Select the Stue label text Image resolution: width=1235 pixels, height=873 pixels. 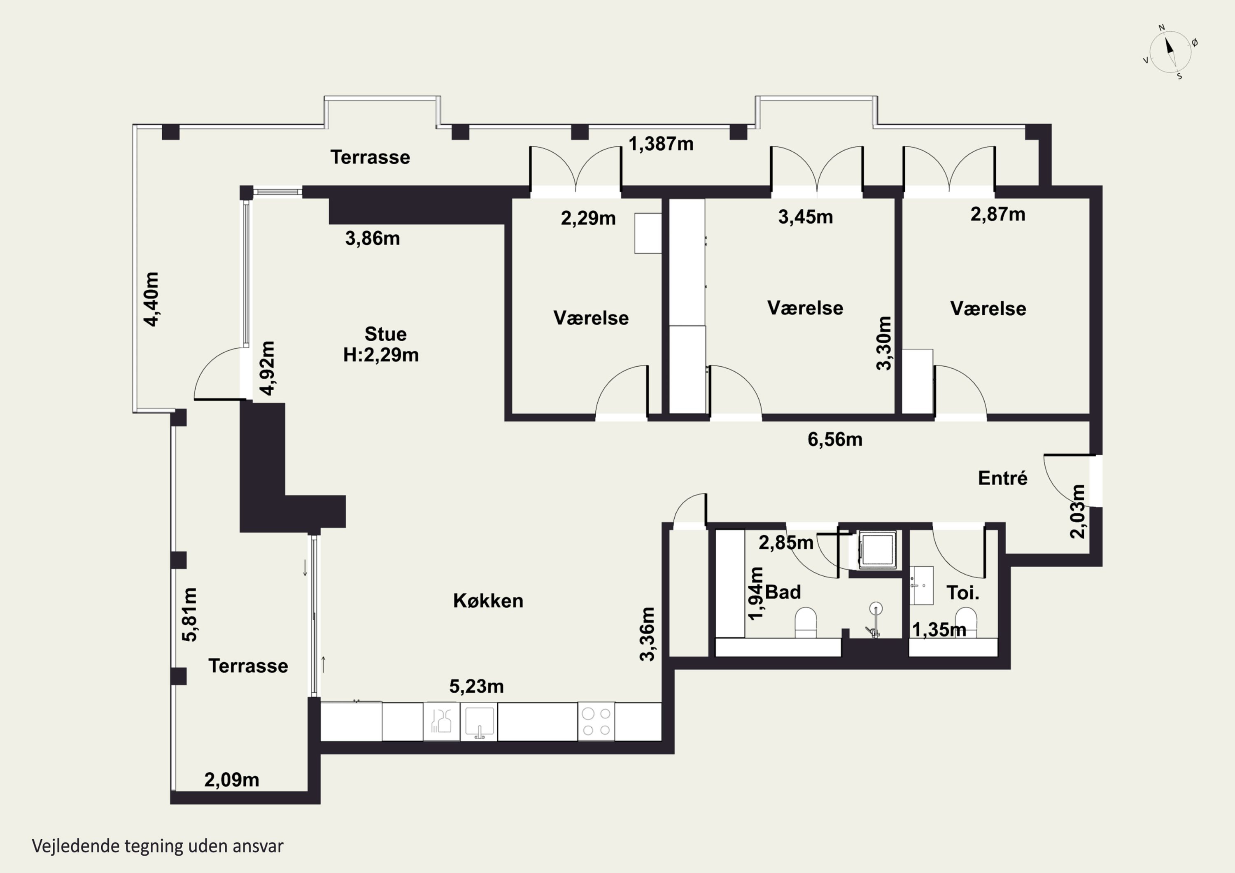point(385,334)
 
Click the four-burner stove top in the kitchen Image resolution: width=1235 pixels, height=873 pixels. point(597,721)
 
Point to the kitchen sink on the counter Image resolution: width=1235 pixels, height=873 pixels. point(479,721)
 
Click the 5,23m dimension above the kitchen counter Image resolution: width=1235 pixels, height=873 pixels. point(476,687)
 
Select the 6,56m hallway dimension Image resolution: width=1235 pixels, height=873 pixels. point(834,440)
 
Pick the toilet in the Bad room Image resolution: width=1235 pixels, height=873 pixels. point(805,622)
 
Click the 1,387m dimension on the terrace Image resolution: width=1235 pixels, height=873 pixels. point(661,144)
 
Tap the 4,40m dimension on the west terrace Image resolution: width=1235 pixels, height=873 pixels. point(151,299)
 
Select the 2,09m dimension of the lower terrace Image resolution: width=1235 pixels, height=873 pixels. point(231,780)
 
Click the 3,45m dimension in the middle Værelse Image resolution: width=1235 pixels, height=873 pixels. point(805,217)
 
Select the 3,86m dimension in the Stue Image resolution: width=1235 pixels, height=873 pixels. point(372,238)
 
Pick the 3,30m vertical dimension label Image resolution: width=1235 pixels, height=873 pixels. point(884,343)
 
